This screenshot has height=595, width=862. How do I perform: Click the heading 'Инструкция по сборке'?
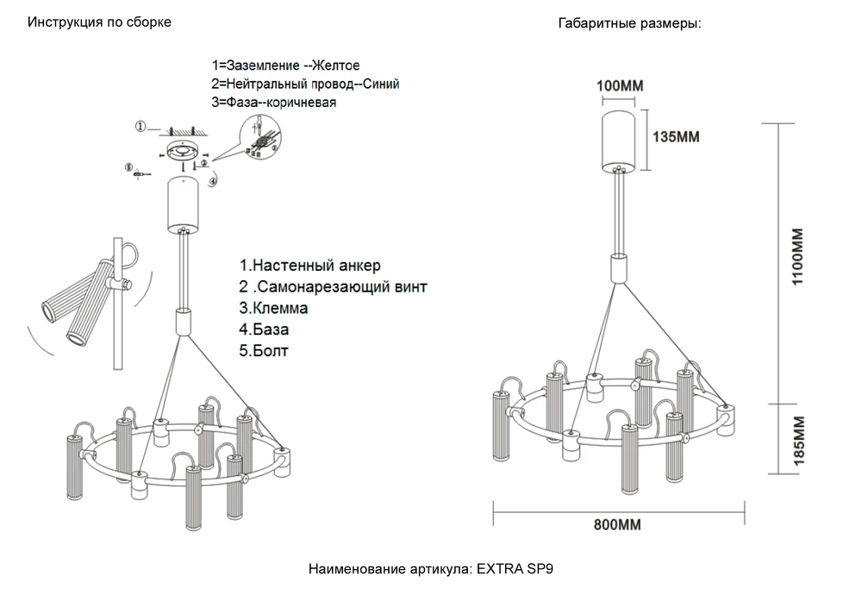pyautogui.click(x=99, y=22)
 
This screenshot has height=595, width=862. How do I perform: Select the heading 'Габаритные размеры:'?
pyautogui.click(x=629, y=24)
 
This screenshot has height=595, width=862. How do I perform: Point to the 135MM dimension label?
pyautogui.click(x=677, y=137)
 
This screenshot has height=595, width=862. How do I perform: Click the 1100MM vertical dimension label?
pyautogui.click(x=796, y=258)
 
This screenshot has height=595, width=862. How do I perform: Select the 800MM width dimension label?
pyautogui.click(x=618, y=524)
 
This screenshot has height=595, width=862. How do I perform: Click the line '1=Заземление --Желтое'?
pyautogui.click(x=285, y=66)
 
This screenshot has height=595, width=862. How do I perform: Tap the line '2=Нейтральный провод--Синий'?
pyautogui.click(x=305, y=84)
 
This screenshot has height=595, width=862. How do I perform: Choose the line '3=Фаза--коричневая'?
pyautogui.click(x=273, y=102)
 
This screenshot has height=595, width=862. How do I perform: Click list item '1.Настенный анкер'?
pyautogui.click(x=309, y=264)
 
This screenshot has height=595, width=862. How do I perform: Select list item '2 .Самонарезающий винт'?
pyautogui.click(x=333, y=285)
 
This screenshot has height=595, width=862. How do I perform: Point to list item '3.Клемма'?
pyautogui.click(x=273, y=307)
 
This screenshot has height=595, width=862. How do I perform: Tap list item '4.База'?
pyautogui.click(x=265, y=329)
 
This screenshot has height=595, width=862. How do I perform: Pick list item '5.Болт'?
pyautogui.click(x=265, y=350)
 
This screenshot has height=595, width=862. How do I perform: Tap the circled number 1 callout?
pyautogui.click(x=140, y=128)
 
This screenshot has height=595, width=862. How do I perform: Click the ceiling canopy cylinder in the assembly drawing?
pyautogui.click(x=182, y=204)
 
